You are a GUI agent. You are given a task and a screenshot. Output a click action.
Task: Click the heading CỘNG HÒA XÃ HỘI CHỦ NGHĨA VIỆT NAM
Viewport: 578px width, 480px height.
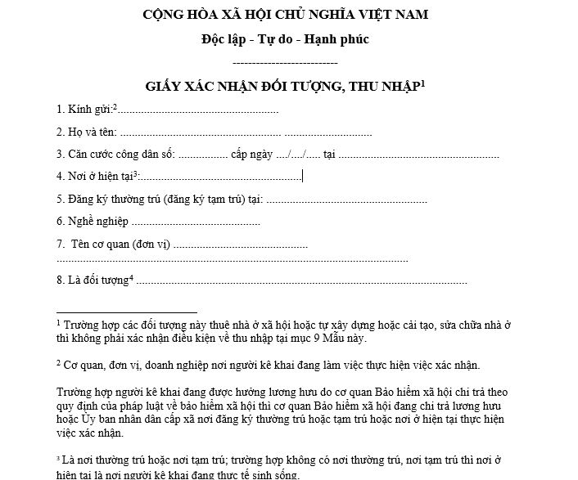coord(285,15)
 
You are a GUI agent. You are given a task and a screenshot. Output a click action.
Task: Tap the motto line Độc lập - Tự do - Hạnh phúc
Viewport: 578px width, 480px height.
coord(285,40)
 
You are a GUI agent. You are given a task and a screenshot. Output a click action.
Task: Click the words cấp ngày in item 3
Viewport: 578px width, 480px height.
coord(252,154)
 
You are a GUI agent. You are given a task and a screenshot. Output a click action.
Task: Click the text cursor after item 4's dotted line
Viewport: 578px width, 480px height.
coord(302,175)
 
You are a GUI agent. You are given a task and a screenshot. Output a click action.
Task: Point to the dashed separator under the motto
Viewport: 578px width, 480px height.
coord(285,63)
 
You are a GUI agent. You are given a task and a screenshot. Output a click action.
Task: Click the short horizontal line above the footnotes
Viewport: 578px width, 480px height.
coord(127,312)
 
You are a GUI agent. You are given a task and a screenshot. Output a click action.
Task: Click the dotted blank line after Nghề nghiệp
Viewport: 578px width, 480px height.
coord(196,222)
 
